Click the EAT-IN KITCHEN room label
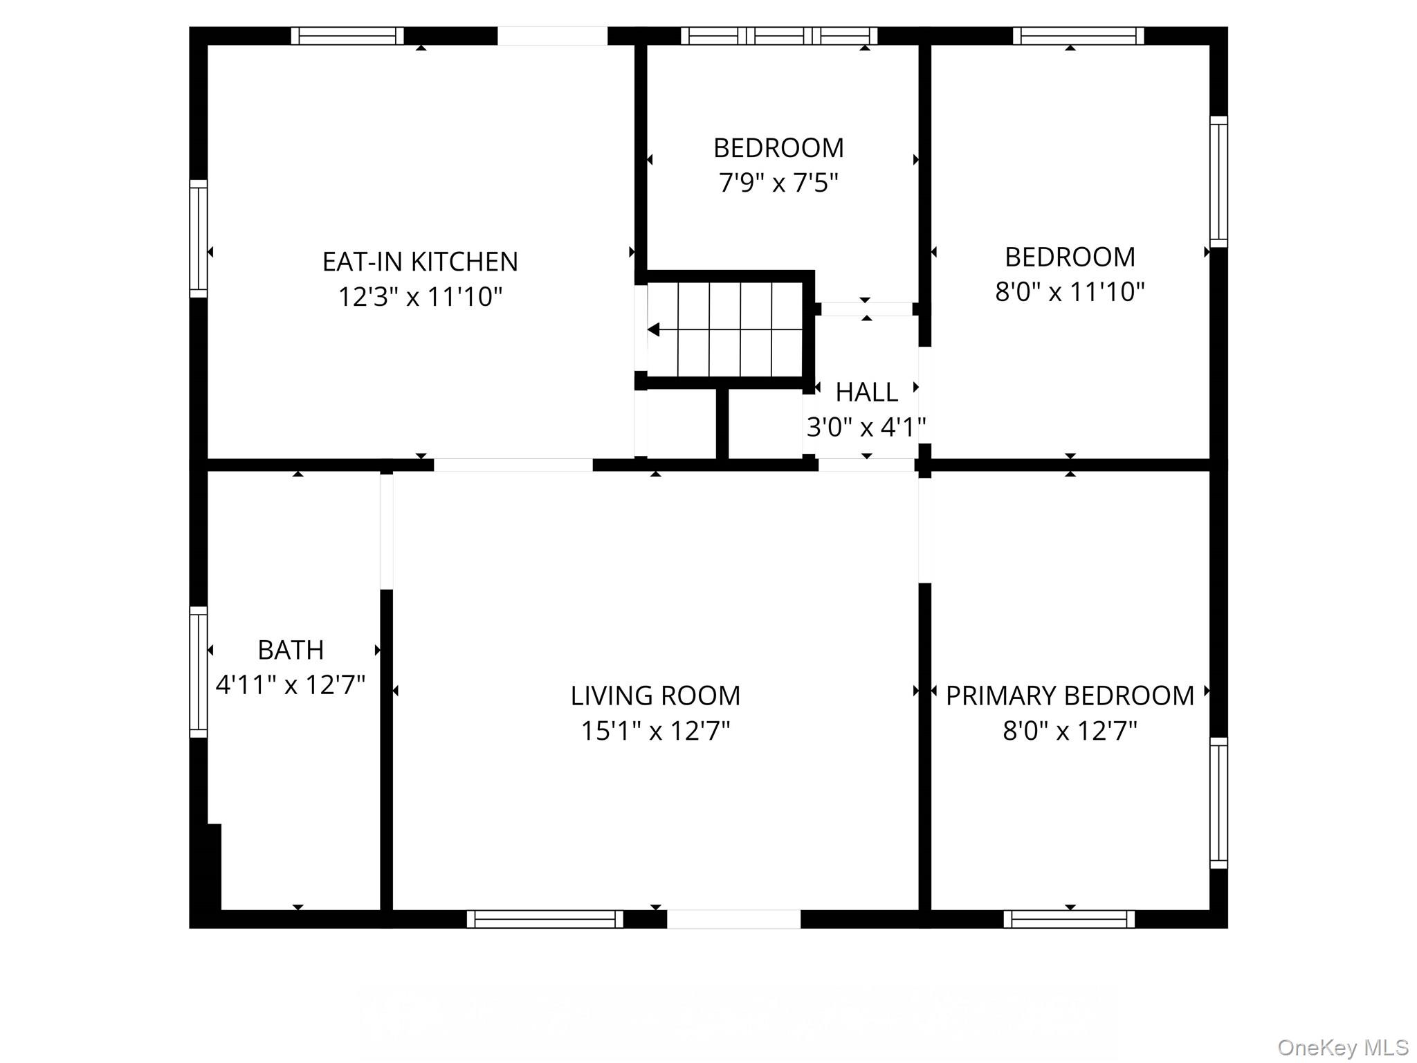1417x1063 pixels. coord(420,262)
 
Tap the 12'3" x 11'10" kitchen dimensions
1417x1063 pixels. coord(420,297)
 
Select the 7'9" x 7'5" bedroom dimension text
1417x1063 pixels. coord(778,183)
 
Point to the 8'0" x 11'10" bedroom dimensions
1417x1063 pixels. coord(1070,292)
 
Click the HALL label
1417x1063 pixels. coord(866,392)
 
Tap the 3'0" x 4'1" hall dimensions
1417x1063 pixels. coord(866,427)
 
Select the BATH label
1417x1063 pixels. coord(291,650)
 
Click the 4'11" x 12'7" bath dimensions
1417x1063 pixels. coord(291,685)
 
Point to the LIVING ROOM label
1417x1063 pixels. coord(655,696)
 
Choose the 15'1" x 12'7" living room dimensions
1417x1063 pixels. coord(655,731)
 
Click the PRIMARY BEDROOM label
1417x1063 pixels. coord(1070,696)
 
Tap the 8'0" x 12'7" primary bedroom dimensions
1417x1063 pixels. coord(1070,731)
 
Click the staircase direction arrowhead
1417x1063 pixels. coord(653,330)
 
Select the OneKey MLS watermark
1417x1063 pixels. coord(1342,1047)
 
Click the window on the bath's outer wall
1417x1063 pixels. coord(199,672)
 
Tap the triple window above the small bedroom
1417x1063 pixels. coord(779,36)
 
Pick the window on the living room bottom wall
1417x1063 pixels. coord(545,919)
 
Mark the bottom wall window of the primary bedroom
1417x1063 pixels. coord(1069,919)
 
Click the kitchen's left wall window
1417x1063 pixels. coord(199,239)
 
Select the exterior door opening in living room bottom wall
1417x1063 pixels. coord(733,919)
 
